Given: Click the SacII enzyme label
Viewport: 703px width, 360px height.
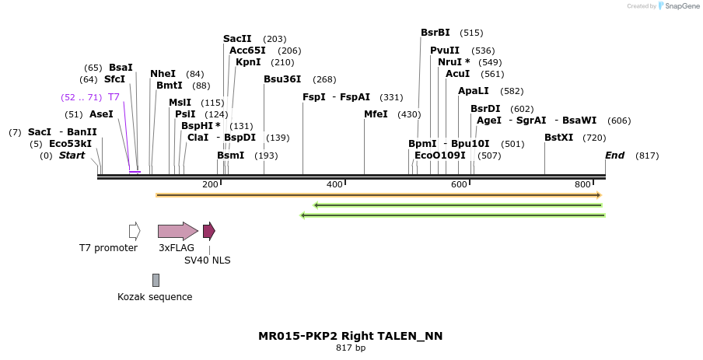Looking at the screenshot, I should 237,39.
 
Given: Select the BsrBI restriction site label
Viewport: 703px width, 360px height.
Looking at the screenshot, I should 435,33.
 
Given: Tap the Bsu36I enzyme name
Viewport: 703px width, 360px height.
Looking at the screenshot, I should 282,79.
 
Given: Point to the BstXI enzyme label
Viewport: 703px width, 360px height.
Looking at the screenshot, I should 558,138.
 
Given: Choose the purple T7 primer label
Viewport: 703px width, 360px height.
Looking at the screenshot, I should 114,97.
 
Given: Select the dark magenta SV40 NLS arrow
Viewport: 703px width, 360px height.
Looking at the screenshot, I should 208,231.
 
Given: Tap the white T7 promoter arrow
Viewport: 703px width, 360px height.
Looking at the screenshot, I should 135,231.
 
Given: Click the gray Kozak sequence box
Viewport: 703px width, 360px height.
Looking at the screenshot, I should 156,280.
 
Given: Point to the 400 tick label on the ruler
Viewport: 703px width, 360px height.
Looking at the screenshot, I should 334,184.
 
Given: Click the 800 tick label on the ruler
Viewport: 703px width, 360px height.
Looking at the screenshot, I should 582,184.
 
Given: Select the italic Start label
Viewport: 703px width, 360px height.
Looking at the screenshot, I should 72,156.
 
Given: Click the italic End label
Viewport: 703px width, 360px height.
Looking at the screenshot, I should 614,156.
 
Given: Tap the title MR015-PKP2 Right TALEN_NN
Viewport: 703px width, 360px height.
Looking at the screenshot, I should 350,336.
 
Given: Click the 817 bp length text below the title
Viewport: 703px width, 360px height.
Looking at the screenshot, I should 350,348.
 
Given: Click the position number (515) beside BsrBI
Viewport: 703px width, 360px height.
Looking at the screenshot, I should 471,33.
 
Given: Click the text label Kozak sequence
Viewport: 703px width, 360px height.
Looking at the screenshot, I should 155,297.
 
